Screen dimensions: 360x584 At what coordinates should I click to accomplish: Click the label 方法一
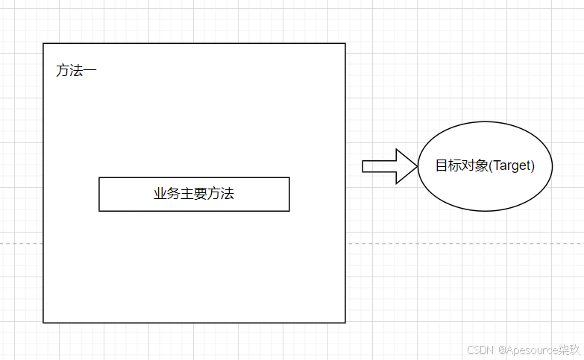[76, 72]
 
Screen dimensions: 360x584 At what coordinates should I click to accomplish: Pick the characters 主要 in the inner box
[194, 194]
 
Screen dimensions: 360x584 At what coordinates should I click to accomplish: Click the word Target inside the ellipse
[512, 165]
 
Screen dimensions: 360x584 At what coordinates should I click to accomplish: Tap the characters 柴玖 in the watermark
[569, 350]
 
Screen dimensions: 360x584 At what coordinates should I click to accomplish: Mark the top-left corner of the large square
[43, 43]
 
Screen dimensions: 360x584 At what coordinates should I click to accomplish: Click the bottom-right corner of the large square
[345, 323]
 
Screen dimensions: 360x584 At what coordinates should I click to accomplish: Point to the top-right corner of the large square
[345, 43]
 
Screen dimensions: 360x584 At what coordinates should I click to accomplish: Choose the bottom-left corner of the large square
[43, 323]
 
